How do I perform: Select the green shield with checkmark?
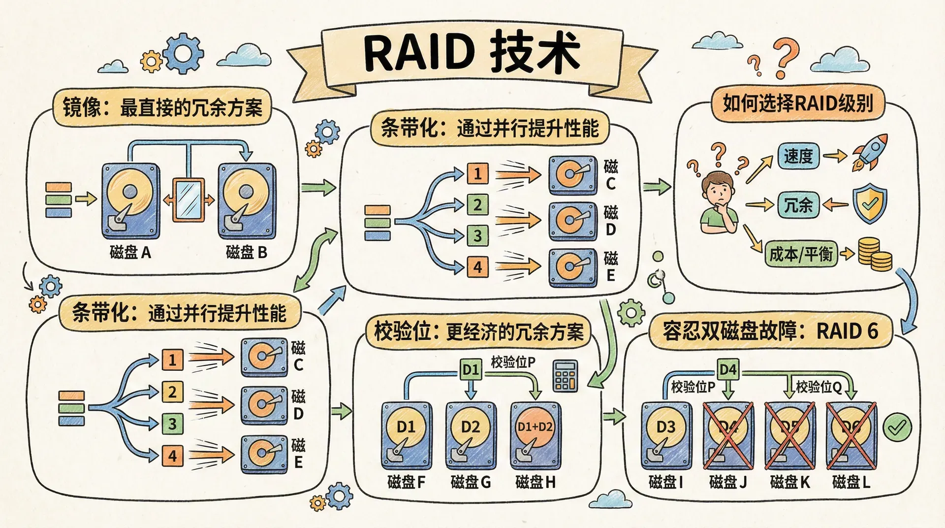point(869,203)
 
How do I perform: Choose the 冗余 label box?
point(798,204)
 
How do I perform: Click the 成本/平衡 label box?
point(801,254)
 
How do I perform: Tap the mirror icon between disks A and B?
point(188,199)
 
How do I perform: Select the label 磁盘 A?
point(130,253)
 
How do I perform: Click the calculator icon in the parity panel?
point(565,375)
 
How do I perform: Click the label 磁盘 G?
point(471,482)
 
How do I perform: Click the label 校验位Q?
point(819,387)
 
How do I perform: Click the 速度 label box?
point(798,156)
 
